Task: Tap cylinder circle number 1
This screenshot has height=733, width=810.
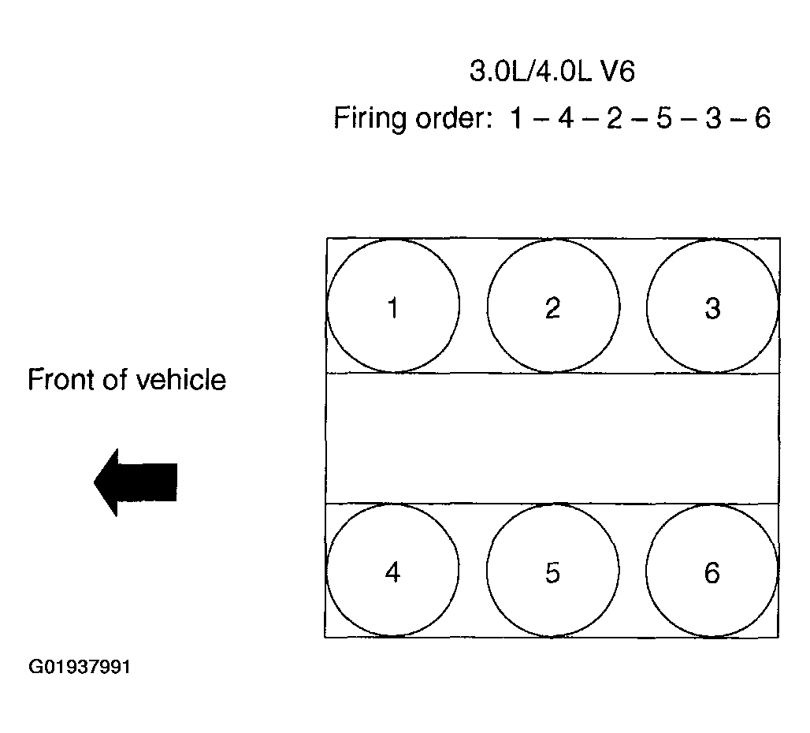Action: pos(392,306)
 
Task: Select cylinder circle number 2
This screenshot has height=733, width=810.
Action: pos(552,306)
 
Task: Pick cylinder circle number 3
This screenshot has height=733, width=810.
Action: pos(712,306)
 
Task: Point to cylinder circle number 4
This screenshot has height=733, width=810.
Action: pos(392,571)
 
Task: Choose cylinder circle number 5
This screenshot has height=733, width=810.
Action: pos(552,571)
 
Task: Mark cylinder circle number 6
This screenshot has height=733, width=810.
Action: pos(712,571)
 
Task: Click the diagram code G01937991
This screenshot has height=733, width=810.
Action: pos(80,668)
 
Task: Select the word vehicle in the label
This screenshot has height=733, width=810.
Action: pos(181,380)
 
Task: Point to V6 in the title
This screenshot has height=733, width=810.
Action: pos(617,73)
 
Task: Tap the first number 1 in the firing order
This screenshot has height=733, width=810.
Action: pos(517,119)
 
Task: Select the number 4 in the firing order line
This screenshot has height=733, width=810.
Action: pos(564,119)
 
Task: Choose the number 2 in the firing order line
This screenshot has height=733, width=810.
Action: pos(614,119)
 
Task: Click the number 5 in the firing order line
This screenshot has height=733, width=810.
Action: pos(663,119)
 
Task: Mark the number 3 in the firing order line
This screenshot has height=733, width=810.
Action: pos(713,119)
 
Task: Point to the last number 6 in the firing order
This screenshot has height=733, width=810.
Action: pos(762,119)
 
